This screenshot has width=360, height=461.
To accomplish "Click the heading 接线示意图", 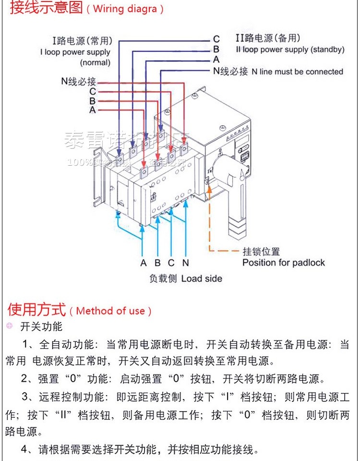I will [46, 8].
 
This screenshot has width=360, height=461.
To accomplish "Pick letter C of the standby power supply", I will [216, 39].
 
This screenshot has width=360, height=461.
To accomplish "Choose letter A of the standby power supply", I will [216, 60].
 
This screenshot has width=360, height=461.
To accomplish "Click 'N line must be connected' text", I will [298, 72].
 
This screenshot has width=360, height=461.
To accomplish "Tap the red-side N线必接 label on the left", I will [78, 81].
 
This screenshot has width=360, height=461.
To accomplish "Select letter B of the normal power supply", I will [92, 101].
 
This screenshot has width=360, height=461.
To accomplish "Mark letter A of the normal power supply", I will [92, 110].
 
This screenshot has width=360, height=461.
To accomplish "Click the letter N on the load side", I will [186, 263].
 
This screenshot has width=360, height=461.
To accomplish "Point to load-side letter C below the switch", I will [171, 263].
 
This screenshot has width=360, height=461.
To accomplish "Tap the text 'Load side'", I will [202, 279].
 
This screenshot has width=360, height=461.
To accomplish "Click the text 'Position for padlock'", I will [283, 263].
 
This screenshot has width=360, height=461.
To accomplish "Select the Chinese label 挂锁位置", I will [261, 252].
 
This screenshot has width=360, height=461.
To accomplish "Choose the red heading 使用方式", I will [36, 309].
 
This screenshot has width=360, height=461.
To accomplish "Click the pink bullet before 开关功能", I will [10, 327].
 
